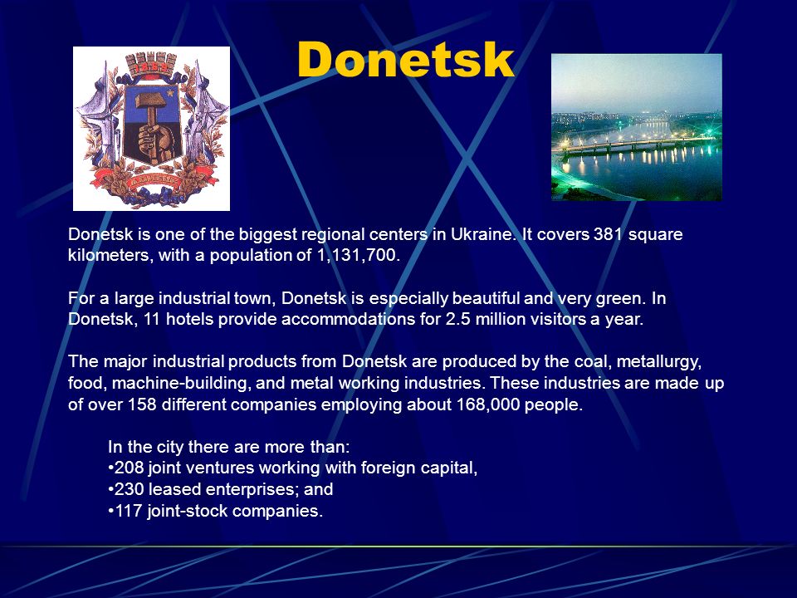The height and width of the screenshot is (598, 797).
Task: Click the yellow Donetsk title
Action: pyautogui.click(x=406, y=60)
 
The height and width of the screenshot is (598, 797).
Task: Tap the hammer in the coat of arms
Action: pyautogui.click(x=151, y=110)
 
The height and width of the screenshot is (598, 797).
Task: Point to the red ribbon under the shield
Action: pyautogui.click(x=151, y=180)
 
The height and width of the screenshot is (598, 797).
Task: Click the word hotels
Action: pyautogui.click(x=189, y=319)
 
